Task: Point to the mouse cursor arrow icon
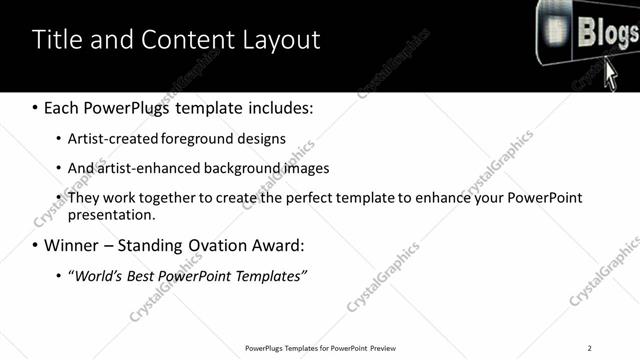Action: pos(613,75)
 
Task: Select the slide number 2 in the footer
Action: pos(590,348)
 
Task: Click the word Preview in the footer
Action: pos(383,348)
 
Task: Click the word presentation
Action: pos(111,214)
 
